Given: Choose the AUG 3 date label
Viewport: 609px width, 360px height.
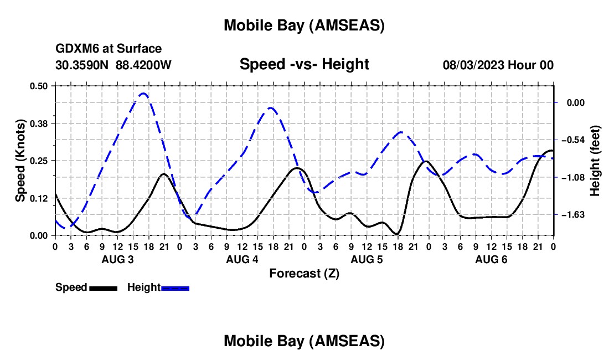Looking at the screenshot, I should [117, 259].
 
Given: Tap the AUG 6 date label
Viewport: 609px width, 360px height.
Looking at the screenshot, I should [491, 259].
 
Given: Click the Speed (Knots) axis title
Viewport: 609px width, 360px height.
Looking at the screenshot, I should [20, 161].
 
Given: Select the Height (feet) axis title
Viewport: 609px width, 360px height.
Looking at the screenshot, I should [595, 161].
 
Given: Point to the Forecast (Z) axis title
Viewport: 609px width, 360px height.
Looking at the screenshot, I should [304, 273].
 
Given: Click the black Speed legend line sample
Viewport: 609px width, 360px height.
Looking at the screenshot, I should [103, 288].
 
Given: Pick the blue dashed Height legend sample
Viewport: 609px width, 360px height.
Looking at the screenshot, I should [175, 288].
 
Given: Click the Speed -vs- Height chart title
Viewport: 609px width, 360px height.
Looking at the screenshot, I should [304, 64].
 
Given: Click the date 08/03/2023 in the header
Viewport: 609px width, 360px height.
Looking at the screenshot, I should [473, 65].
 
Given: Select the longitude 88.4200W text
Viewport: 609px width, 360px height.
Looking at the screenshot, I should [143, 65].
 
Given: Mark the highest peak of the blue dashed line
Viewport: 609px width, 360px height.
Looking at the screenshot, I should [143, 93].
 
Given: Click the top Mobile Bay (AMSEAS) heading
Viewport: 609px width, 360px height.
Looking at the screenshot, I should [304, 25].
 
